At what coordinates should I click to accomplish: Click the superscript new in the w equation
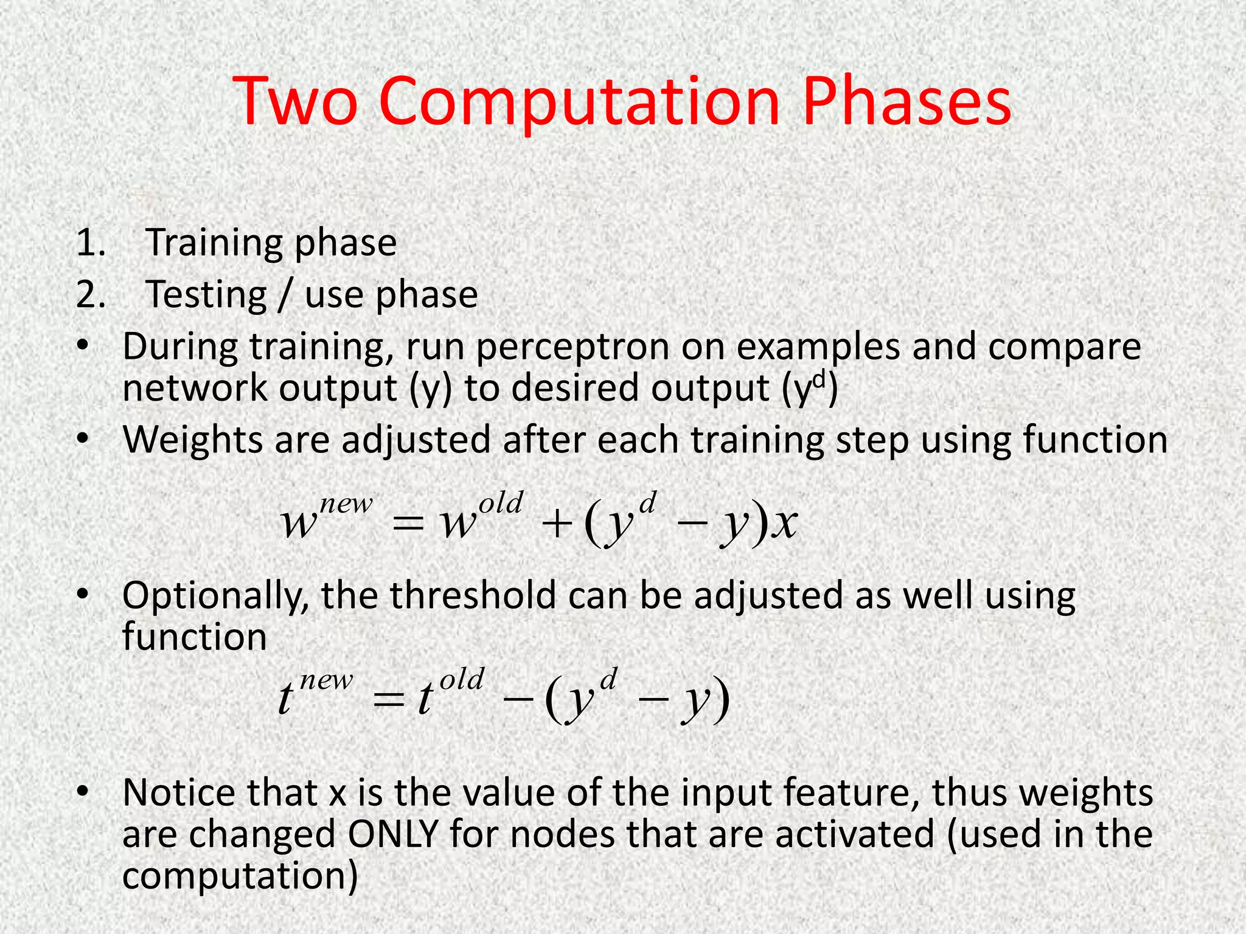point(346,504)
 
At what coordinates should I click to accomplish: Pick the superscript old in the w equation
point(500,504)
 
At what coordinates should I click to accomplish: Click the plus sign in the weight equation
point(554,524)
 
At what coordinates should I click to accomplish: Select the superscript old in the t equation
point(462,679)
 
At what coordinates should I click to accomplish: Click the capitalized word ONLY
point(393,834)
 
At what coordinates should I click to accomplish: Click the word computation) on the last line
point(240,876)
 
